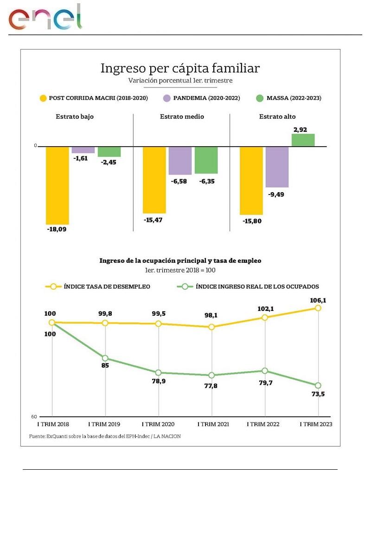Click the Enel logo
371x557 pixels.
[45, 18]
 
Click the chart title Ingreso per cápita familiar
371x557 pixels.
[180, 68]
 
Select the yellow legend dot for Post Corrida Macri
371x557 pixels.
[43, 98]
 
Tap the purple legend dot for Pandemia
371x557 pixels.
[167, 98]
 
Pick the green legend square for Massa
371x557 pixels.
[259, 98]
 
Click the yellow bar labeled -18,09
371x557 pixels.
[57, 186]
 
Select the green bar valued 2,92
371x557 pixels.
[303, 140]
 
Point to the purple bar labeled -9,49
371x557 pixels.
[277, 167]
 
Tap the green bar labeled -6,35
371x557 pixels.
[206, 160]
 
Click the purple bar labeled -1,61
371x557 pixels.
[83, 150]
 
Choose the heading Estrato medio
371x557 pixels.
[182, 117]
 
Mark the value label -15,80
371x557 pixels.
[252, 221]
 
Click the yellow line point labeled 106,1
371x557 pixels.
[318, 308]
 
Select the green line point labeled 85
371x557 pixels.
[105, 358]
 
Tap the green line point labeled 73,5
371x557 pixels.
[318, 385]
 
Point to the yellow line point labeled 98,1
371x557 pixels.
[211, 327]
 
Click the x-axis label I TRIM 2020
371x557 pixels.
[158, 424]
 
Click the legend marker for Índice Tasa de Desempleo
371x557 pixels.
[53, 286]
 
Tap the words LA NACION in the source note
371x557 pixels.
[167, 436]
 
